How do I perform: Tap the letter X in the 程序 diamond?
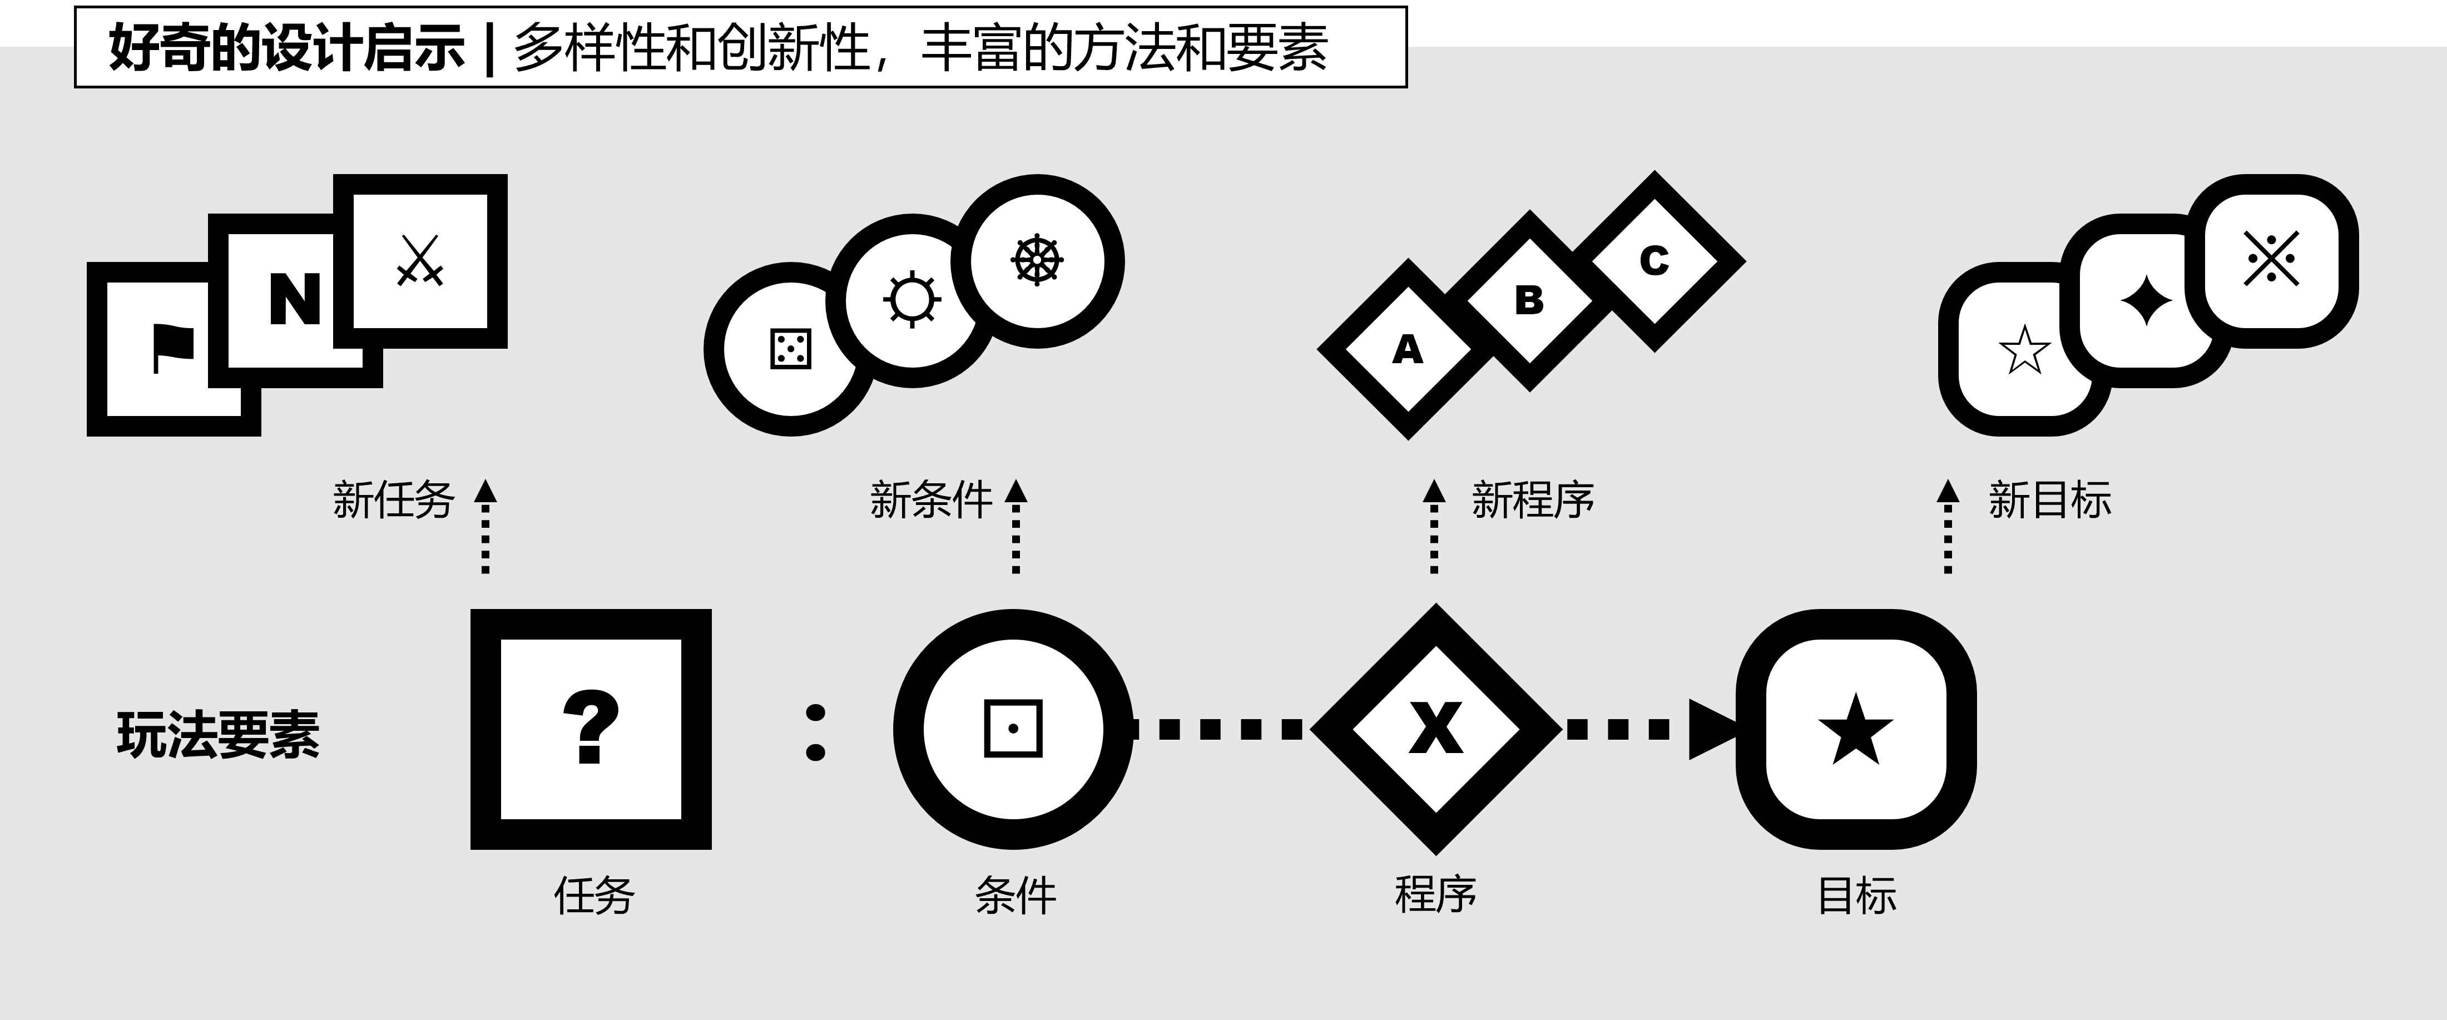point(1435,729)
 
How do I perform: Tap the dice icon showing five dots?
point(790,349)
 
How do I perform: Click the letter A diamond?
point(1407,349)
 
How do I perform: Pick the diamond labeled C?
point(1654,260)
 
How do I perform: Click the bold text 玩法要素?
point(219,735)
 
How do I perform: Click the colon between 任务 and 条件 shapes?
point(815,731)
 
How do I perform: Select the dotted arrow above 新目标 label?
point(1948,527)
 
